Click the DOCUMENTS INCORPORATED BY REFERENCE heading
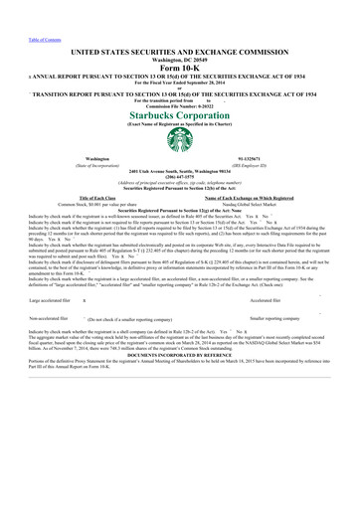pos(180,353)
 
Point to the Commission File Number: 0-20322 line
pos(180,104)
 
